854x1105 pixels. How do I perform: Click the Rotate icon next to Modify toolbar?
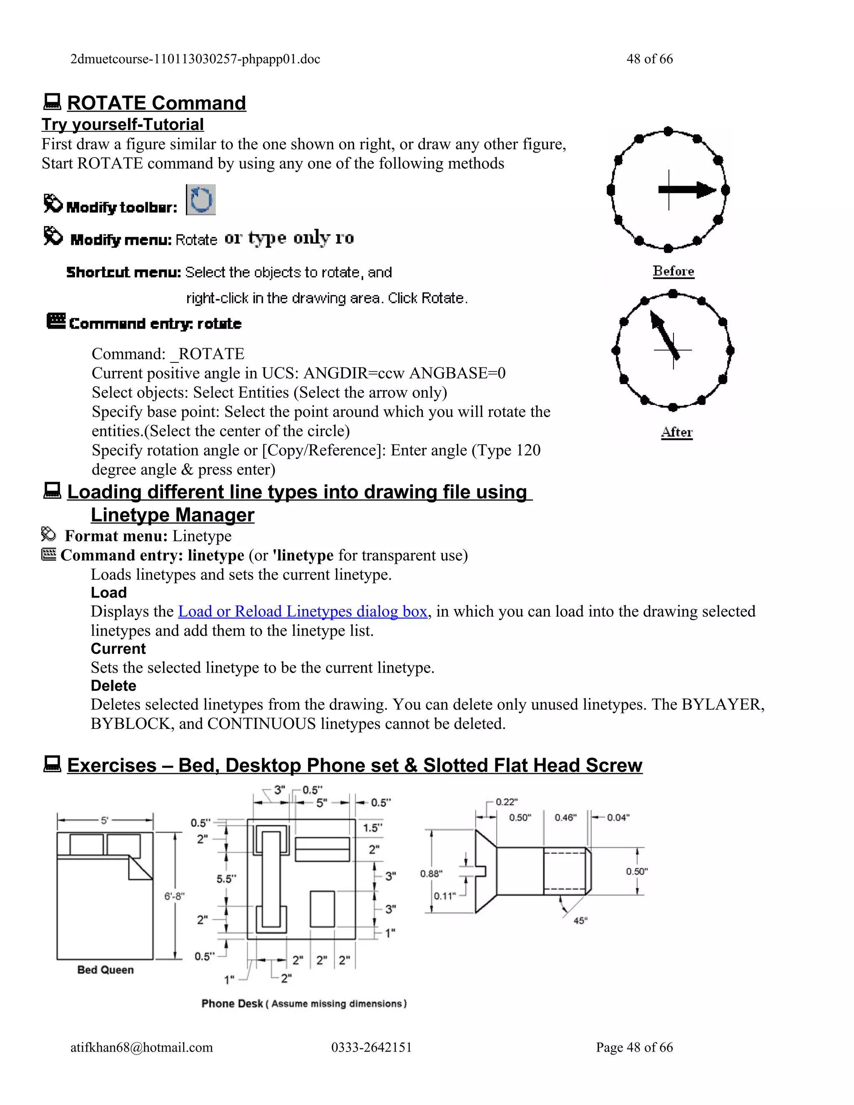(x=201, y=200)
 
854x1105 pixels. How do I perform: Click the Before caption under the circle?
(x=673, y=271)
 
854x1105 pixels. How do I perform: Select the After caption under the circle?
(x=676, y=432)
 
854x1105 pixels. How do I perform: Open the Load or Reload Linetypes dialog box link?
(x=303, y=611)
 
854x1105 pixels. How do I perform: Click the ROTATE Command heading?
(x=156, y=103)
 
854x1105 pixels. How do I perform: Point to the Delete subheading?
(x=113, y=686)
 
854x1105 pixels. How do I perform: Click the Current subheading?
(x=118, y=649)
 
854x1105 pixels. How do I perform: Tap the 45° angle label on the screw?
(x=580, y=921)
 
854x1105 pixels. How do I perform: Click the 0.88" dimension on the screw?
(x=431, y=873)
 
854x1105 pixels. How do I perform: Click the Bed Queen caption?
(x=105, y=970)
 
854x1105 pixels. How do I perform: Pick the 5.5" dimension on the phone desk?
(x=226, y=879)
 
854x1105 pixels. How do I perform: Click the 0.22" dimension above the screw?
(x=506, y=802)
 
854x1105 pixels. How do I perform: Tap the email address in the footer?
(x=142, y=1047)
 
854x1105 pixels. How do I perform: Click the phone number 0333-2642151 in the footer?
(x=372, y=1047)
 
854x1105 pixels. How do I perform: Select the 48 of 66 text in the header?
(x=650, y=59)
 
